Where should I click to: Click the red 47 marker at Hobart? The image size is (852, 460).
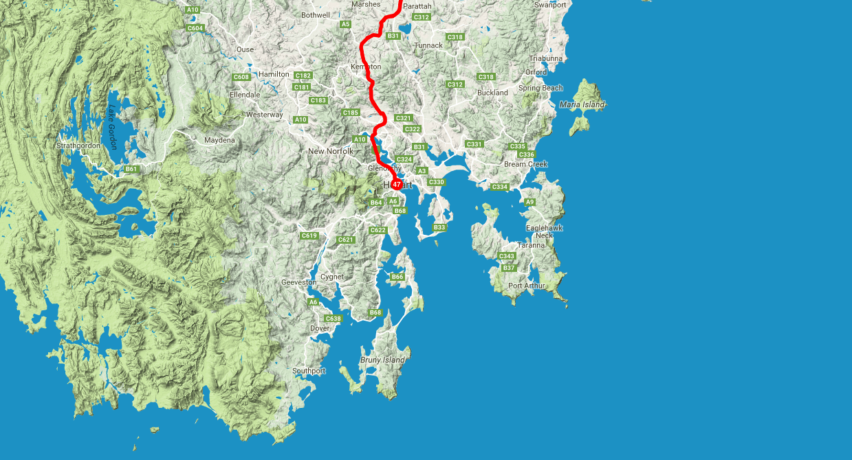click(x=397, y=185)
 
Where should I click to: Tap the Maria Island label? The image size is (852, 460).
click(x=582, y=104)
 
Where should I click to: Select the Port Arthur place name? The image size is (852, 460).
click(x=526, y=286)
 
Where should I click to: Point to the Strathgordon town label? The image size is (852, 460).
click(x=78, y=146)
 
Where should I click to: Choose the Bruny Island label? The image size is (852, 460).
click(x=382, y=360)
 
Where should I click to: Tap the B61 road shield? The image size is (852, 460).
click(x=131, y=169)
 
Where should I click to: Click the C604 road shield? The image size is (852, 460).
click(x=195, y=28)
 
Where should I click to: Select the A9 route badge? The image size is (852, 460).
click(x=529, y=202)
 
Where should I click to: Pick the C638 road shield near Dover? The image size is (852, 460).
click(x=333, y=319)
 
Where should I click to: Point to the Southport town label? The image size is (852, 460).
click(x=309, y=371)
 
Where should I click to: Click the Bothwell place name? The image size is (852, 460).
click(x=316, y=14)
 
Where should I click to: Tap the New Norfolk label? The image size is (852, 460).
click(x=330, y=151)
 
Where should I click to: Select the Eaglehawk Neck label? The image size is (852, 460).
click(x=544, y=231)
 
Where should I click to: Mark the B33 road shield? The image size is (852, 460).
click(x=439, y=227)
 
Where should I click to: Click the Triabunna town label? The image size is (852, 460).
click(x=545, y=58)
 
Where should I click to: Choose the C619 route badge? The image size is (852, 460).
click(x=309, y=236)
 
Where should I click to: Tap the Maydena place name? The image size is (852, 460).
click(x=219, y=140)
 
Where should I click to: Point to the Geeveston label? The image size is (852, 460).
click(x=298, y=282)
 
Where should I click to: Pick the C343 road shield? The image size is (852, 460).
click(x=507, y=256)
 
